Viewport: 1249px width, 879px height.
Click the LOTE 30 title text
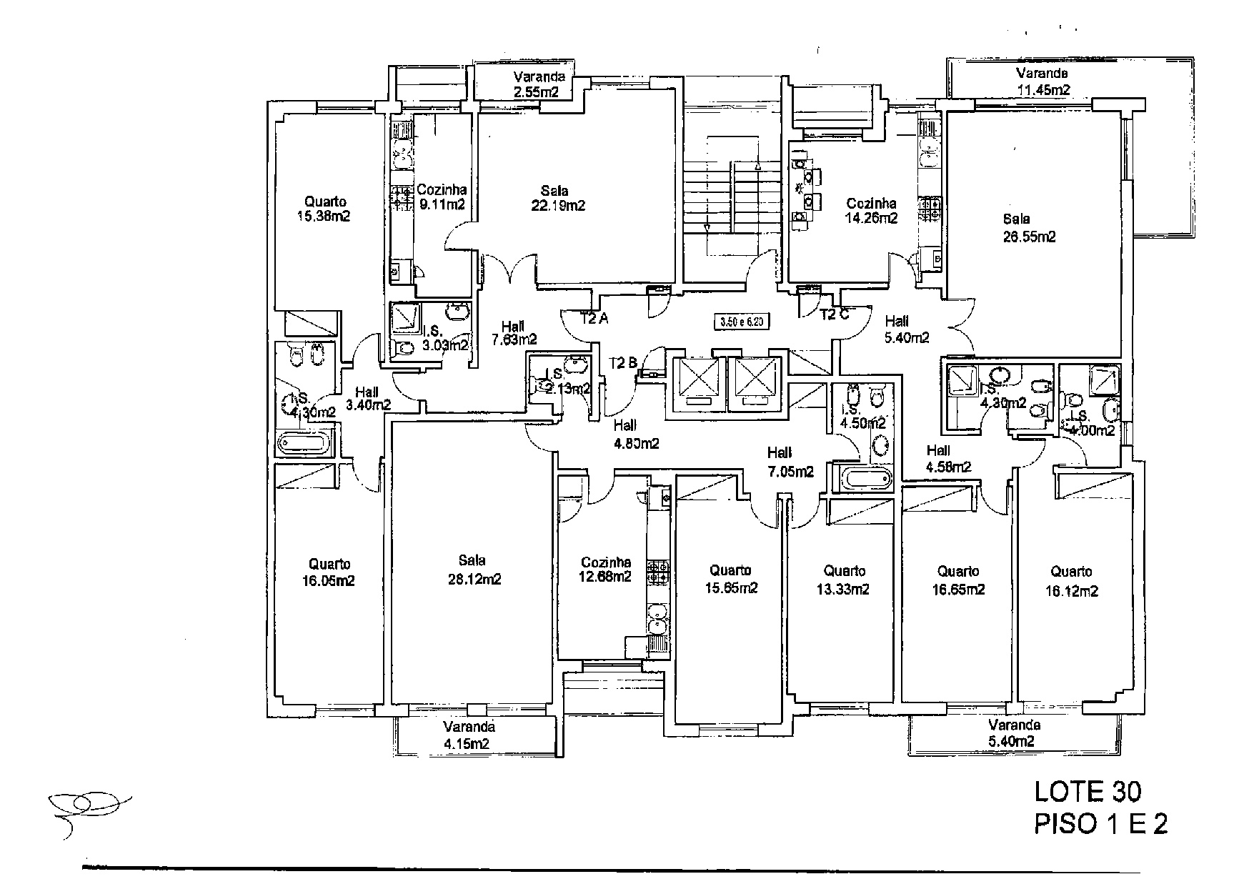click(x=1088, y=791)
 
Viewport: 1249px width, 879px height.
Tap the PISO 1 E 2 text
click(x=1101, y=824)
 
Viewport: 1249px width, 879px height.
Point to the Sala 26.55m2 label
click(x=1028, y=228)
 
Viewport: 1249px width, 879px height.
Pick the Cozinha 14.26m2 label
click(x=870, y=211)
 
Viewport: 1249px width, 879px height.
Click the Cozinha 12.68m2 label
click(x=605, y=570)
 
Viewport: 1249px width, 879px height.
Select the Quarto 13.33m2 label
click(x=843, y=580)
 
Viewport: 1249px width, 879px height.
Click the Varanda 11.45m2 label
click(x=1043, y=81)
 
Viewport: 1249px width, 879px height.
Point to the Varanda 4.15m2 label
click(x=468, y=735)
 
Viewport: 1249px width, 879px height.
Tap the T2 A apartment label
click(x=594, y=319)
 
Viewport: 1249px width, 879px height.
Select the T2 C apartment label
click(x=834, y=314)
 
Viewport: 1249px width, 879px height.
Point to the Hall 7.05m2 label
click(x=790, y=462)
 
